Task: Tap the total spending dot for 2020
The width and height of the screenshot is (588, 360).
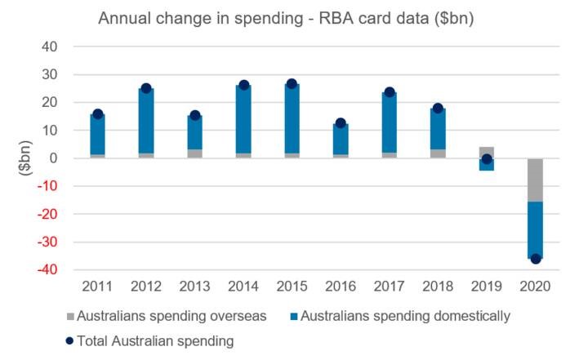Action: coord(536,259)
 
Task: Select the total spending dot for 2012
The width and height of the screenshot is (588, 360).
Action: coord(146,88)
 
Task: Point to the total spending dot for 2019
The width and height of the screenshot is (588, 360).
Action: coord(487,159)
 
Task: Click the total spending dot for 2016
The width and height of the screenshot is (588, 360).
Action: coord(341,123)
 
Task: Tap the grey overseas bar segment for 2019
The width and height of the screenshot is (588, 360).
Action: coord(487,152)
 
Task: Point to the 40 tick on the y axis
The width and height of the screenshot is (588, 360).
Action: coord(48,47)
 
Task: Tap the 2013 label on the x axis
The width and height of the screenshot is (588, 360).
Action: coord(194,287)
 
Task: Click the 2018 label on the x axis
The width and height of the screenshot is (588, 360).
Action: coord(438,287)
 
